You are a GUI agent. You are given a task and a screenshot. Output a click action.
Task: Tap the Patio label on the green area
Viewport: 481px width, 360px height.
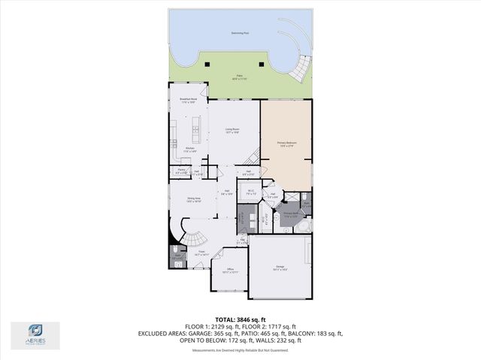coord(240,77)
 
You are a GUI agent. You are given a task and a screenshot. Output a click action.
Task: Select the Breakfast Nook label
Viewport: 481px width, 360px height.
coord(188,100)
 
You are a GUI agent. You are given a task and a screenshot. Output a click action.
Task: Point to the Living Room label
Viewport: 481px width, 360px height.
coord(232,130)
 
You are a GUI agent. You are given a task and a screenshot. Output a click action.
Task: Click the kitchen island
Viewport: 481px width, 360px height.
coord(197,132)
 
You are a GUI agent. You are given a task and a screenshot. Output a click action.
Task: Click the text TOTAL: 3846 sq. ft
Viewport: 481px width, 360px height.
coord(240,319)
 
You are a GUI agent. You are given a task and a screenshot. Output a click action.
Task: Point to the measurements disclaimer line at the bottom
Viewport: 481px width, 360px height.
coord(240,350)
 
